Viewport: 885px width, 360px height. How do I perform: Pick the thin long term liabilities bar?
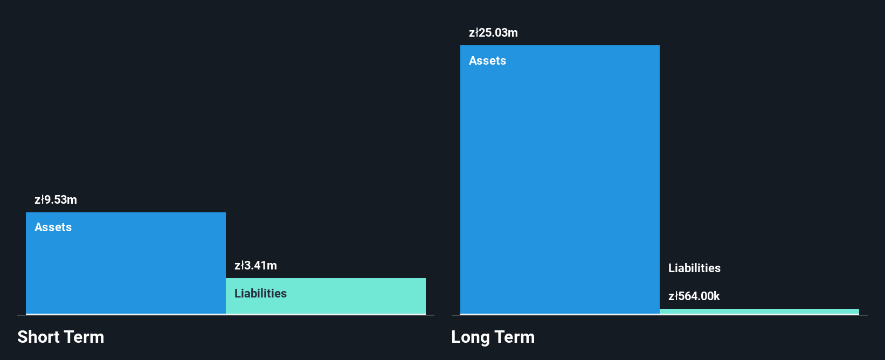(759, 311)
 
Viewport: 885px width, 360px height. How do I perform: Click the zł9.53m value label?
(56, 200)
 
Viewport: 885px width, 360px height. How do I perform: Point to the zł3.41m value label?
(255, 266)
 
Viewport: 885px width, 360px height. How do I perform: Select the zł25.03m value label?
(493, 33)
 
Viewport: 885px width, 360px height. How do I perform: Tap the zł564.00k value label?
(694, 296)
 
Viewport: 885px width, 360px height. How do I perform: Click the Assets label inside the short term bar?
(53, 227)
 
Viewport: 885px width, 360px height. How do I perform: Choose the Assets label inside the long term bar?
(487, 61)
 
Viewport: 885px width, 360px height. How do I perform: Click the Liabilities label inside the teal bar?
(260, 294)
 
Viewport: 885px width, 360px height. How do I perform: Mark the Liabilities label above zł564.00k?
(694, 268)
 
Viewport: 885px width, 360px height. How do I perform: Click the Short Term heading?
(60, 337)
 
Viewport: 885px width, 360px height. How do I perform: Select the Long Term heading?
(493, 337)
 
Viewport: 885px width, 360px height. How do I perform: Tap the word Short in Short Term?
(38, 337)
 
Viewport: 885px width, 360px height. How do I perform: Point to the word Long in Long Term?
(470, 337)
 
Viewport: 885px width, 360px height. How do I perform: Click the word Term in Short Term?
(84, 337)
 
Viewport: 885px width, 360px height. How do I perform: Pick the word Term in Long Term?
(515, 337)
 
